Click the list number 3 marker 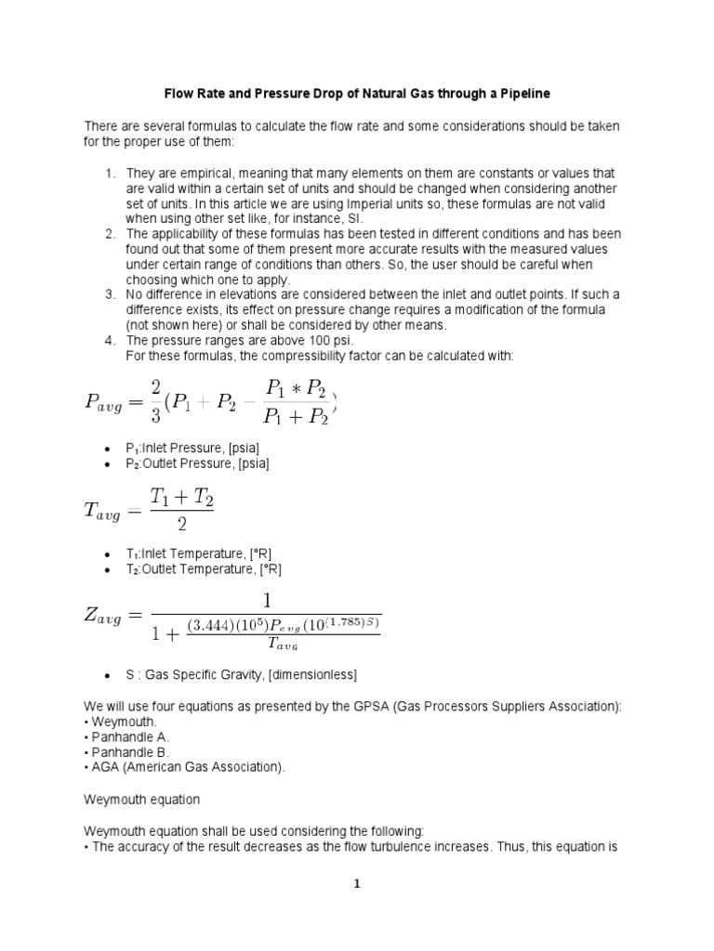tap(109, 294)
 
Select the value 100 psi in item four tap(293, 340)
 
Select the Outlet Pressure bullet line tap(191, 462)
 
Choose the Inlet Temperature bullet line tap(198, 554)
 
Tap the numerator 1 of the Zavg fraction tap(267, 599)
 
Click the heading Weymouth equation tap(141, 798)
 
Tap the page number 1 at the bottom tap(356, 884)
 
